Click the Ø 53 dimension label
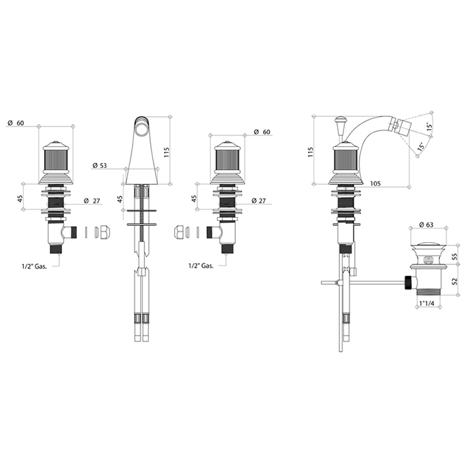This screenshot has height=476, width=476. tap(99, 165)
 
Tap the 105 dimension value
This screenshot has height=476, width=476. tap(375, 184)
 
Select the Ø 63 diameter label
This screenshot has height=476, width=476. tap(426, 225)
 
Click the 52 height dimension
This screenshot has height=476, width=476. tap(454, 281)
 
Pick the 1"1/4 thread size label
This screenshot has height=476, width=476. tap(426, 303)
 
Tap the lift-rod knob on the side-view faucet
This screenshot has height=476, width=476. tap(339, 121)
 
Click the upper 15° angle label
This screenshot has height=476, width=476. tap(428, 126)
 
